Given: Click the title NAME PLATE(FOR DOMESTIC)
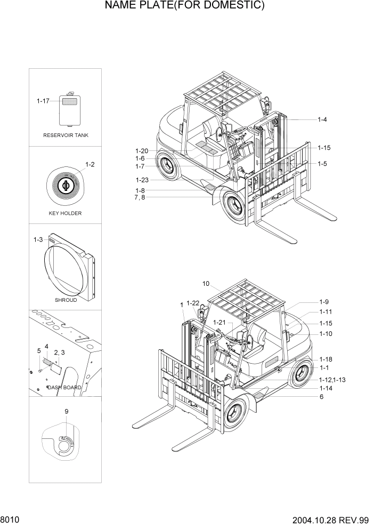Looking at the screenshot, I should (185, 6).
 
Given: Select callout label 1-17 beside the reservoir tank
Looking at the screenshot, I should (43, 101).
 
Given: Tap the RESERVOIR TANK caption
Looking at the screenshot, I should (66, 135).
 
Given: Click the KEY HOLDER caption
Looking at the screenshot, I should (65, 213).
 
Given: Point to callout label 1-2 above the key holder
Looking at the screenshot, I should (90, 164).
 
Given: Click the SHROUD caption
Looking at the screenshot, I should (66, 300).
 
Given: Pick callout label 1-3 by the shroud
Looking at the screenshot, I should (38, 241).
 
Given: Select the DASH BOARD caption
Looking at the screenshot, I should (64, 388).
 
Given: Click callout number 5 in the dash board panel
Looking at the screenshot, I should (38, 350).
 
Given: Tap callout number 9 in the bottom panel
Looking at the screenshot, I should (66, 411).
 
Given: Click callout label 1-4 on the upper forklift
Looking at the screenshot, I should (322, 120).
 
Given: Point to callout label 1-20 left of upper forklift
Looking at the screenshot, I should (142, 151).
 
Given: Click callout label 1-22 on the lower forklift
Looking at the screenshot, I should (193, 303).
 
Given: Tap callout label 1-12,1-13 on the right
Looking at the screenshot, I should (332, 379).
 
